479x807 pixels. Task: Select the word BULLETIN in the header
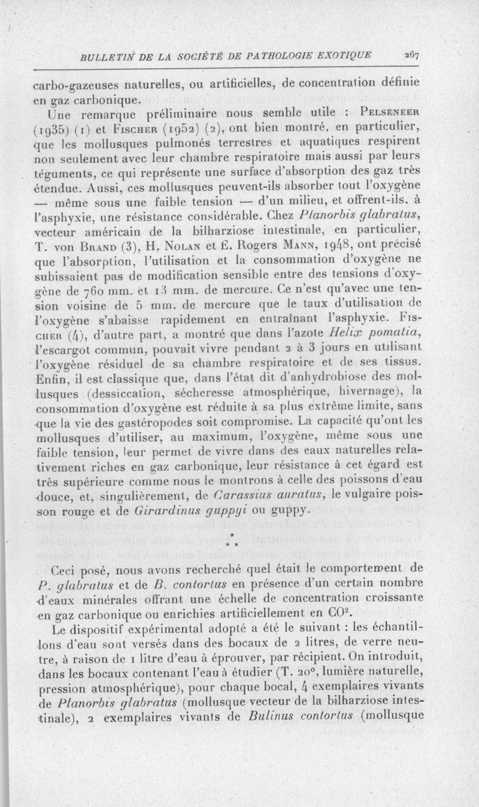click(x=110, y=56)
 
